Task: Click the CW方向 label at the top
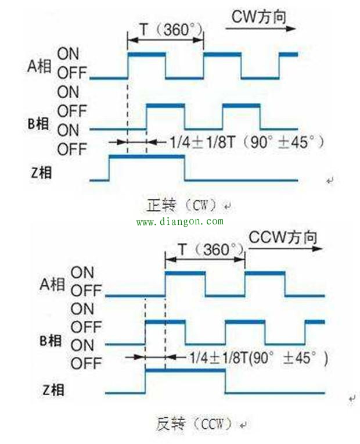[x=259, y=17]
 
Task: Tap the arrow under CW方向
[x=260, y=28]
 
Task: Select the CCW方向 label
[x=283, y=237]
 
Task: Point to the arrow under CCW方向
[x=285, y=249]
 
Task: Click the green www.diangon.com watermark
[x=180, y=221]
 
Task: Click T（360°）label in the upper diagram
[x=171, y=30]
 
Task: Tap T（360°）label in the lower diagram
[x=211, y=249]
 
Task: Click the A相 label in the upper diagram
[x=39, y=66]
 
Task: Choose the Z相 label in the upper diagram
[x=42, y=173]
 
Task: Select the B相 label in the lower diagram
[x=51, y=341]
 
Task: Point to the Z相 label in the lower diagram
[x=53, y=389]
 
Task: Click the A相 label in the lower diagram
[x=52, y=284]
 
